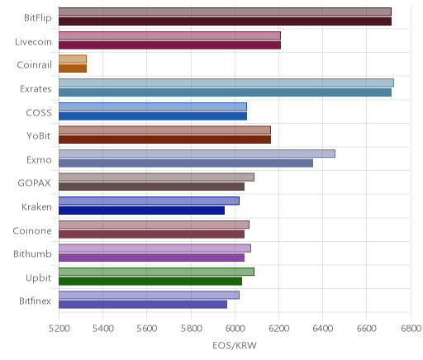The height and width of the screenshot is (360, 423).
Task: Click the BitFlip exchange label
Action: pyautogui.click(x=38, y=18)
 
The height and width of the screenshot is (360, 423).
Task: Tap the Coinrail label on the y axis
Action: pyautogui.click(x=34, y=65)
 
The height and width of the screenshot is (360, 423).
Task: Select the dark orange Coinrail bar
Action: pyautogui.click(x=73, y=69)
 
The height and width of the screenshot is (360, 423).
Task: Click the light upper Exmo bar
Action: pyautogui.click(x=197, y=154)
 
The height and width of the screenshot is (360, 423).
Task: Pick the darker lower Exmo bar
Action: pyautogui.click(x=186, y=163)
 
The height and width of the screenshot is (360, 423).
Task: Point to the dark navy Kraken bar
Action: pyautogui.click(x=141, y=211)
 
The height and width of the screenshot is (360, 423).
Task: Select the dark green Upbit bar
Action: pyautogui.click(x=150, y=282)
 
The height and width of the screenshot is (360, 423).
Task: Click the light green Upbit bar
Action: pyautogui.click(x=156, y=272)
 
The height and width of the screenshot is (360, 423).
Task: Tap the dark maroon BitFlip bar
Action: pyautogui.click(x=225, y=21)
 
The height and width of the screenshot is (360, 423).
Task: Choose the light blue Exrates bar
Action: pyautogui.click(x=226, y=83)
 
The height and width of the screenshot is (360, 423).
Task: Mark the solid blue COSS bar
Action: pyautogui.click(x=153, y=116)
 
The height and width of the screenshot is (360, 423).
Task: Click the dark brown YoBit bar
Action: pyautogui.click(x=164, y=140)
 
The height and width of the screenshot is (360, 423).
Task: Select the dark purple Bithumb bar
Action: pyautogui.click(x=151, y=258)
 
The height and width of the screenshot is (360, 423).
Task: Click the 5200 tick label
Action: pyautogui.click(x=59, y=329)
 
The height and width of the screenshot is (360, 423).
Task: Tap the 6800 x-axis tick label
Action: pyautogui.click(x=411, y=329)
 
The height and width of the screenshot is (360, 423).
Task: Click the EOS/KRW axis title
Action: pyautogui.click(x=235, y=345)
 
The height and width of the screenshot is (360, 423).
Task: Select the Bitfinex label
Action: pyautogui.click(x=35, y=301)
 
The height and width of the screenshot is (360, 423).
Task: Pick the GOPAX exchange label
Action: pyautogui.click(x=34, y=183)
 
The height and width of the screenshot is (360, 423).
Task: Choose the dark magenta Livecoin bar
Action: pyautogui.click(x=169, y=45)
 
